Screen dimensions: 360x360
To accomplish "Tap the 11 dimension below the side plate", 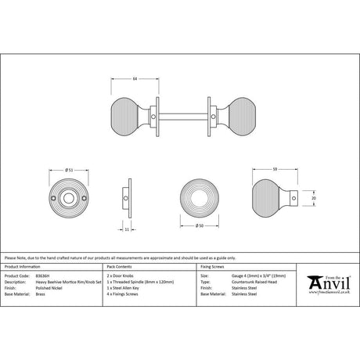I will [x=125, y=229].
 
